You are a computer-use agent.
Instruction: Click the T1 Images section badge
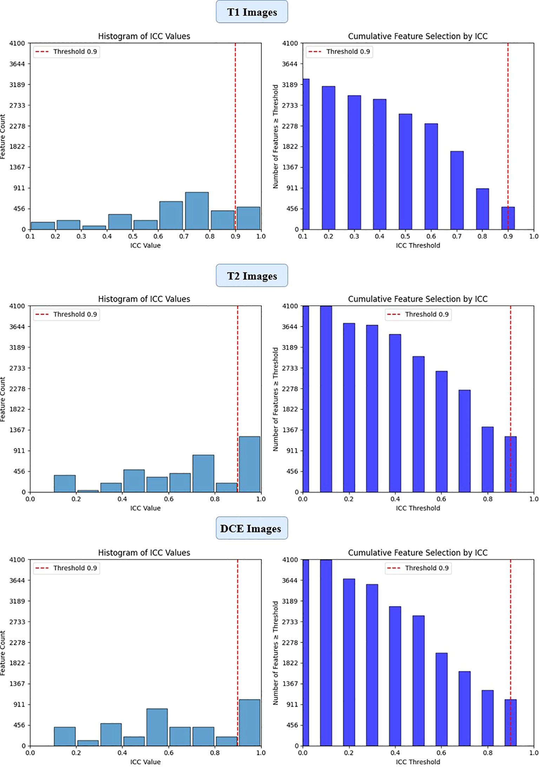click(252, 12)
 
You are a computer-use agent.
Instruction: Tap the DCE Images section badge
click(251, 529)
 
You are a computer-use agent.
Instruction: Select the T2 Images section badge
click(252, 276)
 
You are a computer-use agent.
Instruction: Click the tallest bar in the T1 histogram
click(197, 211)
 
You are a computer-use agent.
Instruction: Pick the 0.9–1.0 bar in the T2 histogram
click(249, 464)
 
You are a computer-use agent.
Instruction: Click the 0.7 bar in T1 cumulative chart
click(457, 190)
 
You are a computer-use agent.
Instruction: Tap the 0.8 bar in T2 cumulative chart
click(487, 459)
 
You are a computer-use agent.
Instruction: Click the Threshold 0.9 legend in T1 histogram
click(66, 52)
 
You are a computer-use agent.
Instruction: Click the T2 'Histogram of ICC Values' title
click(144, 299)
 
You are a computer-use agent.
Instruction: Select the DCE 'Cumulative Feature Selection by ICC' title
click(418, 552)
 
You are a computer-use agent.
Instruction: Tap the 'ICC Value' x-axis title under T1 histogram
click(145, 245)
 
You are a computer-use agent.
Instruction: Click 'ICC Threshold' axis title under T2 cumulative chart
click(418, 508)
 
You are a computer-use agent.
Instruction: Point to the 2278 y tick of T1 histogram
click(17, 126)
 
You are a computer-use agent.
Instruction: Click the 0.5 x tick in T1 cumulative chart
click(405, 237)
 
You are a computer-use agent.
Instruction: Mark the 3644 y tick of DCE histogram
click(17, 580)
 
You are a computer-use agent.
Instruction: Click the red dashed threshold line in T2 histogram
click(238, 386)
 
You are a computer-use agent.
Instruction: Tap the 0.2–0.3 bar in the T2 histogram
click(88, 491)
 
